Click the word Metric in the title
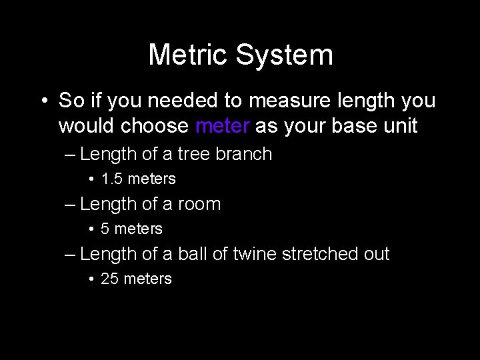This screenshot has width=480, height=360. pos(189,55)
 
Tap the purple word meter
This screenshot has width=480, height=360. pos(223,125)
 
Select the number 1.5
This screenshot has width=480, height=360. pos(112,179)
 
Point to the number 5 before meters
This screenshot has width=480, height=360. pos(105,229)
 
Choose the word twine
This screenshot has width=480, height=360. pos(256,254)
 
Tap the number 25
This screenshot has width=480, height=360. pos(109,279)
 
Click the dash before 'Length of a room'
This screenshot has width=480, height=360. pos(70,204)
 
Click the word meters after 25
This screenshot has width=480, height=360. pos(148,279)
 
